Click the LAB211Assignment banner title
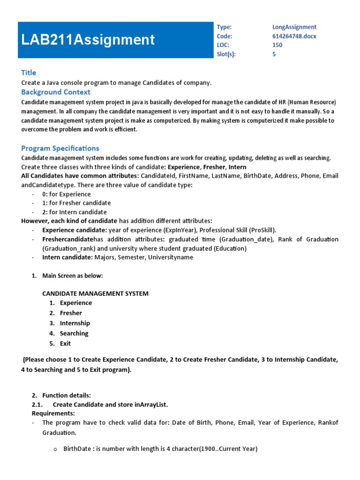point(88,40)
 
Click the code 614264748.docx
point(294,36)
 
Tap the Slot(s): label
point(226,54)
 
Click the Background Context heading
point(56,92)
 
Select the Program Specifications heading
point(60,148)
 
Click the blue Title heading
point(29,73)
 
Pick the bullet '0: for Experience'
point(66,194)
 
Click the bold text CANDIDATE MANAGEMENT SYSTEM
point(95,293)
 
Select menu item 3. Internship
point(75,323)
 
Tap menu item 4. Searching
point(74,333)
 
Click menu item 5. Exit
point(65,344)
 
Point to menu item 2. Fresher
point(70,313)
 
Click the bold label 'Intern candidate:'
point(67,257)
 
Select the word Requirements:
point(53,413)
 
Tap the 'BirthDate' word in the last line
point(78,449)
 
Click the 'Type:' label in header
point(224,27)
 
